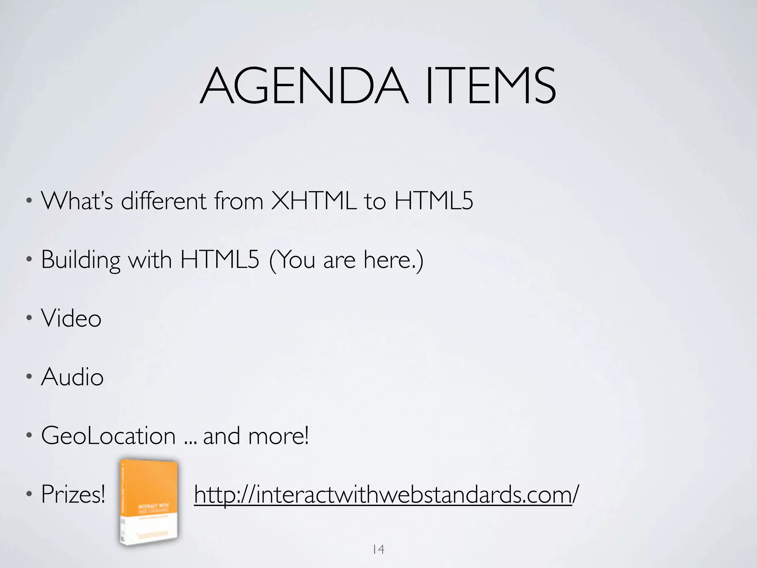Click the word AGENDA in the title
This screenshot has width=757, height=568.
click(x=304, y=86)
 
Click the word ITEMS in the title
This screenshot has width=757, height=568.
click(x=490, y=86)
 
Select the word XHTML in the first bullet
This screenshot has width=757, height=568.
click(x=314, y=201)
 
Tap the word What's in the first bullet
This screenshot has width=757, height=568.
click(x=77, y=201)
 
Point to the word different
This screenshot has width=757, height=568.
click(x=164, y=201)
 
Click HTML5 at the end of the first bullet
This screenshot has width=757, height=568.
click(x=434, y=201)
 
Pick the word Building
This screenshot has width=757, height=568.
click(x=81, y=260)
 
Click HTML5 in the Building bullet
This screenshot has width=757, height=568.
click(x=220, y=260)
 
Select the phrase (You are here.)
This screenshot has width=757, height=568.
click(x=346, y=260)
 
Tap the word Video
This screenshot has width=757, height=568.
click(x=71, y=318)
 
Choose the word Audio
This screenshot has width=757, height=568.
click(x=72, y=377)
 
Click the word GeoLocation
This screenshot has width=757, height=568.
click(x=108, y=436)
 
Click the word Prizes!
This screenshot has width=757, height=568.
click(x=73, y=494)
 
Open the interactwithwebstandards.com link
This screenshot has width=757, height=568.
click(x=386, y=495)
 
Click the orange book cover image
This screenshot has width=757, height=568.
click(x=149, y=502)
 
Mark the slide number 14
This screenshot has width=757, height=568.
click(x=378, y=550)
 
